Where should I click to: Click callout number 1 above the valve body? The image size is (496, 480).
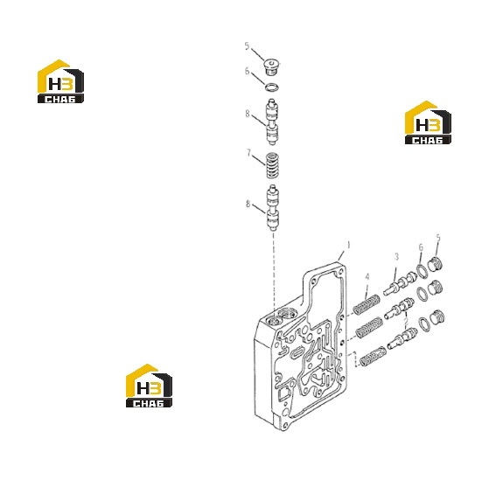click(x=348, y=245)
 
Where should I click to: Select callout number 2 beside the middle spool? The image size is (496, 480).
click(x=406, y=323)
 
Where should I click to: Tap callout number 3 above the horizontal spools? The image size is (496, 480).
click(x=396, y=257)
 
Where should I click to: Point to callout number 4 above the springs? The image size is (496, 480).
click(x=367, y=277)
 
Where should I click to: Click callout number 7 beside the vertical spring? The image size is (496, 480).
click(x=249, y=153)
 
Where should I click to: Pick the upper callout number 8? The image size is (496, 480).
click(x=248, y=114)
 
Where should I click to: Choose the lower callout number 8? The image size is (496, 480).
click(x=248, y=204)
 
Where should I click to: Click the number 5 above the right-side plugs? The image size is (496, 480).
click(x=438, y=238)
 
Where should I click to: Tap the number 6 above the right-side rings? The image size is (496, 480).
click(x=421, y=247)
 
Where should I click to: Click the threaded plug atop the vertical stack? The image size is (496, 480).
click(x=271, y=66)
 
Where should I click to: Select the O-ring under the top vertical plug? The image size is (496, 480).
click(x=272, y=87)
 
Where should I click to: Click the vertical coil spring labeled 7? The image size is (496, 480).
click(x=272, y=165)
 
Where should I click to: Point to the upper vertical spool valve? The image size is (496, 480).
click(x=272, y=122)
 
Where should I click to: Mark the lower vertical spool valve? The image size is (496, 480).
click(x=272, y=208)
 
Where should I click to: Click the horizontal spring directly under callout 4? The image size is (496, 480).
click(x=366, y=304)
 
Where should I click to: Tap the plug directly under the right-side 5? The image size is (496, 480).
click(x=436, y=265)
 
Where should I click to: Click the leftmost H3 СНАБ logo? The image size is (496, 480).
click(x=60, y=81)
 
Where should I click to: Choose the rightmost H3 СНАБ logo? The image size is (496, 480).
click(x=428, y=123)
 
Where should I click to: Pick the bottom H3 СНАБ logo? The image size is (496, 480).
click(x=149, y=386)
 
